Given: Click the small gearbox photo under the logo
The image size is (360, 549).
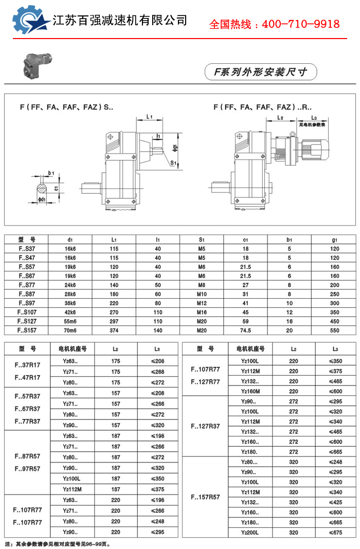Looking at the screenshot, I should pos(38,64).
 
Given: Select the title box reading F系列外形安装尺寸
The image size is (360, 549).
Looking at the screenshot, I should pos(260,72).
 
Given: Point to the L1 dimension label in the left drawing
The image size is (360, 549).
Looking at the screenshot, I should pos(149,117).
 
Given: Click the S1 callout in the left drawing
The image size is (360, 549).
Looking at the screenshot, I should pos(173,163).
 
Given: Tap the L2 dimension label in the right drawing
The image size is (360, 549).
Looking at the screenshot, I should pos(281,118).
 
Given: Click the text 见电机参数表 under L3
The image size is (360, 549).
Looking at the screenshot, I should pos(314,124).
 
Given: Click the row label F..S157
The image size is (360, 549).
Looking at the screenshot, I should pos(26,331).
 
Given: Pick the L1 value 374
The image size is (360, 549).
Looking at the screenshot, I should pos(114,331).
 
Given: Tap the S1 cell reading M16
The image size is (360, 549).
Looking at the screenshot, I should pos(202,313).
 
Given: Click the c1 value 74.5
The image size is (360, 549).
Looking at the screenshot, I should pos(246,331).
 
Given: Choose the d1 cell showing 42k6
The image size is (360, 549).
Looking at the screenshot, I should pos(70,313).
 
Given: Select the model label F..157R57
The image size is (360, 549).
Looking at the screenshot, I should pos(205,497).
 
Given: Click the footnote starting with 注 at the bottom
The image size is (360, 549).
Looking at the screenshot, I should pos(58,543).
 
